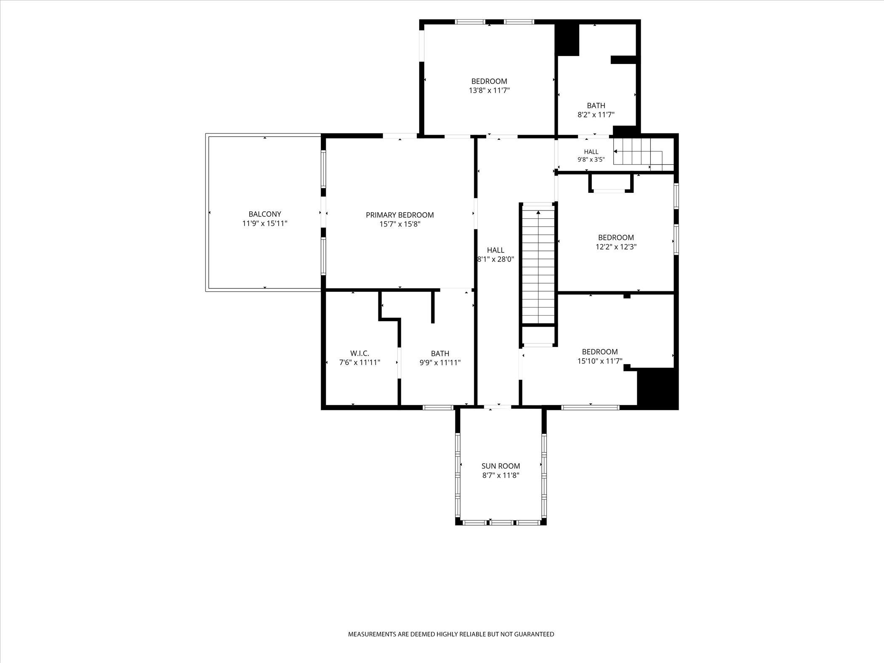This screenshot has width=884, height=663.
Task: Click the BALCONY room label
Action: (x=265, y=214)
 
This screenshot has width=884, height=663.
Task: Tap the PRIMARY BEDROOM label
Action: (x=399, y=215)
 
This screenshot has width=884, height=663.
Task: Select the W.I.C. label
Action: (x=359, y=353)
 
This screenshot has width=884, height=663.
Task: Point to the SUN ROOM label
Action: (x=501, y=466)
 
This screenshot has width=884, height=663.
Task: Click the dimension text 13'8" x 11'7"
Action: (x=489, y=90)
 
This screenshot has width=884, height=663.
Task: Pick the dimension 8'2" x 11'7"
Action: (x=596, y=114)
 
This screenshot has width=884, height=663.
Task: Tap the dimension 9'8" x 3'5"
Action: (x=591, y=160)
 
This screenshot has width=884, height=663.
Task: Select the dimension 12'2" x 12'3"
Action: (x=616, y=247)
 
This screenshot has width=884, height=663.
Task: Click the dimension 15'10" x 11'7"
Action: (x=600, y=361)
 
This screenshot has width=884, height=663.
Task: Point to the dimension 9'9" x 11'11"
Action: (x=440, y=362)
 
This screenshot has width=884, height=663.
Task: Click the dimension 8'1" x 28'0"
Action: (x=495, y=259)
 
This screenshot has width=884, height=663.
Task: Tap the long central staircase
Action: (x=538, y=264)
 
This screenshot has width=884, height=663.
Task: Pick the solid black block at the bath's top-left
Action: (x=568, y=39)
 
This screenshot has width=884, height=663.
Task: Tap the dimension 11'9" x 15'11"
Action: (x=265, y=223)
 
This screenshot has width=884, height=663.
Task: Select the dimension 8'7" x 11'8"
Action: (x=501, y=475)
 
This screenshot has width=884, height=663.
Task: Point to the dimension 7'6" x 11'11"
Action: (x=360, y=362)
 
